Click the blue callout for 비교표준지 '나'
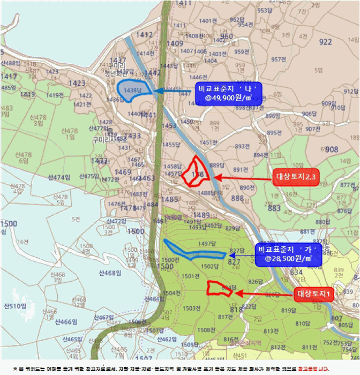click(230, 93)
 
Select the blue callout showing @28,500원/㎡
click(284, 254)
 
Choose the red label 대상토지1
click(315, 294)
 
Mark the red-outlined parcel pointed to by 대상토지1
click(220, 288)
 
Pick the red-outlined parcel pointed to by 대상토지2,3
click(194, 171)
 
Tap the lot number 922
click(325, 42)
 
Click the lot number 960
click(227, 36)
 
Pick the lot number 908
click(332, 149)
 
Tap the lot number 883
click(274, 208)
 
